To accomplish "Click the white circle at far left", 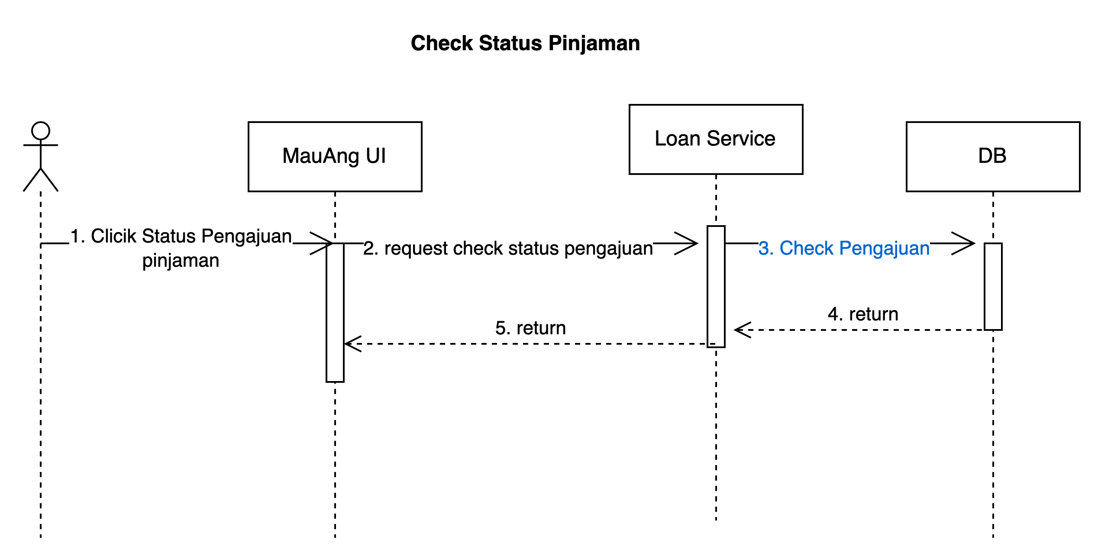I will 41,131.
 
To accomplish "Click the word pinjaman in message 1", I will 181,261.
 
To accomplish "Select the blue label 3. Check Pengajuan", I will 844,249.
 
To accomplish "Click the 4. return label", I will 863,314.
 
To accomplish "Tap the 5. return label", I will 530,328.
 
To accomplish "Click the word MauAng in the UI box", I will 321,156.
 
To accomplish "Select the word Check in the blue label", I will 806,249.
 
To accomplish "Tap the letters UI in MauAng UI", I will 375,156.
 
